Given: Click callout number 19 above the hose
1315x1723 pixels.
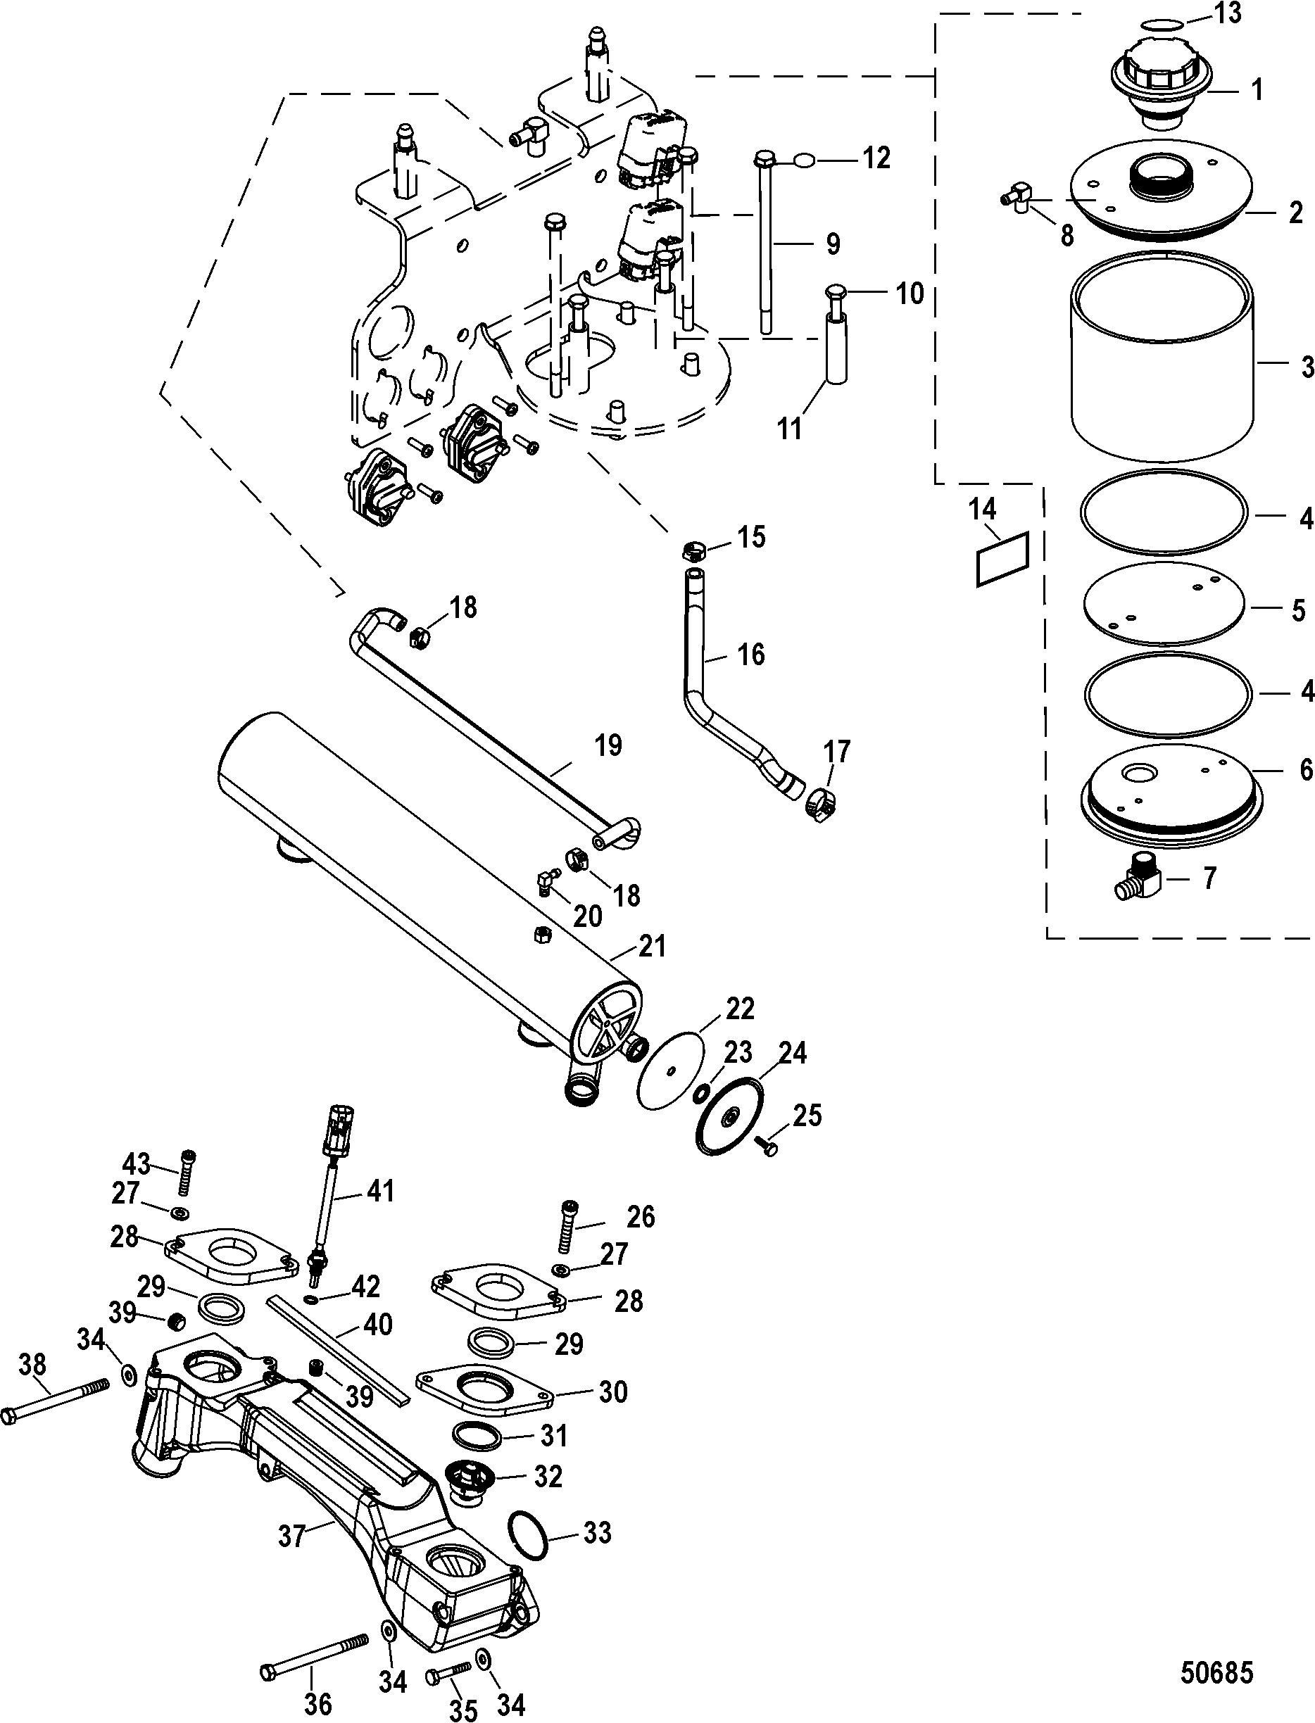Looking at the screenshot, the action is [x=608, y=745].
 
